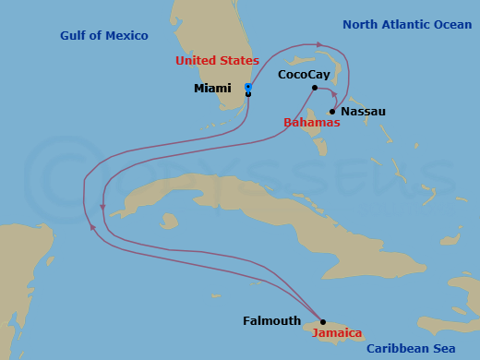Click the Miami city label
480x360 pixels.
point(212,89)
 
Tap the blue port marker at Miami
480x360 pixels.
point(248,87)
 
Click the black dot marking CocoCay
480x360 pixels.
point(315,88)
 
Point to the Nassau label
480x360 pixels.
point(363,112)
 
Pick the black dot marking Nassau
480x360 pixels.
point(332,112)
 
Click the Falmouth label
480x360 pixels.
point(271,321)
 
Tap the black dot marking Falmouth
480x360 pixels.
point(322,322)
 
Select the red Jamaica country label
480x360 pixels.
point(337,334)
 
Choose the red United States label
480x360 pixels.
point(217,61)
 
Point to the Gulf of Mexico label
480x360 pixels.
point(104,36)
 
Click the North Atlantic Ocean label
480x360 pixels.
point(406,25)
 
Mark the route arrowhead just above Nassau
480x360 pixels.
point(332,93)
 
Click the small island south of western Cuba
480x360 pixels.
point(168,222)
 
